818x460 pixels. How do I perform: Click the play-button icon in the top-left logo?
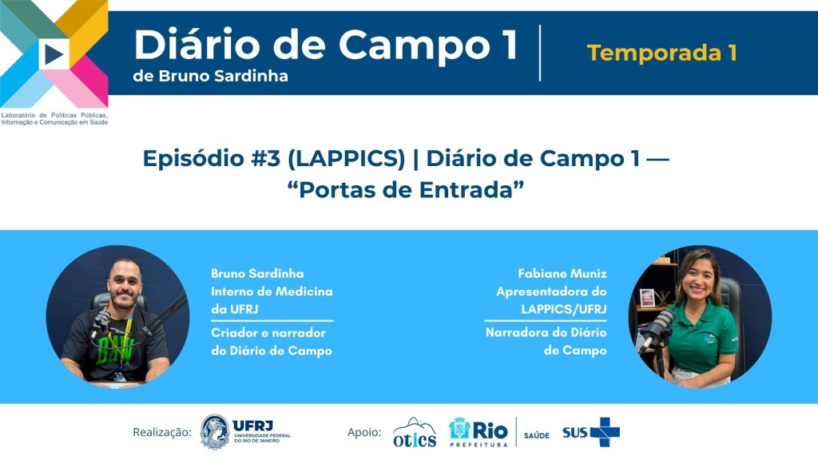click(x=54, y=54)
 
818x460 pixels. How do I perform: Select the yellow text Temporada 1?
click(x=661, y=53)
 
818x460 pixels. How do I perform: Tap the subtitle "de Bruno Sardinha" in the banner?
click(x=210, y=76)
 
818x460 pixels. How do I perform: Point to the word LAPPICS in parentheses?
click(x=347, y=159)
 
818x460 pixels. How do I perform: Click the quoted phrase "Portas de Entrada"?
click(x=405, y=189)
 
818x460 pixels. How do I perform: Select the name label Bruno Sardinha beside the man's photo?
click(x=257, y=273)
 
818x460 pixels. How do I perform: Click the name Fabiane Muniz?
click(x=562, y=273)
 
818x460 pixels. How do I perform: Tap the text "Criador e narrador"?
click(x=268, y=333)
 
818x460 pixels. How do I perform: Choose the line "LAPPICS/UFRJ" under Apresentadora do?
click(x=564, y=309)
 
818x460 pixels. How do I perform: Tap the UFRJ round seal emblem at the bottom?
click(x=215, y=432)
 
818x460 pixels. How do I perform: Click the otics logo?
click(x=415, y=432)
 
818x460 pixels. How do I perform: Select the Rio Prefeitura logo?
click(x=478, y=432)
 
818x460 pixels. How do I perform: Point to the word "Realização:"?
click(x=162, y=432)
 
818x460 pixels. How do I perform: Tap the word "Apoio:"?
click(x=364, y=432)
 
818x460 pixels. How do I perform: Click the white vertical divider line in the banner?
click(x=540, y=53)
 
